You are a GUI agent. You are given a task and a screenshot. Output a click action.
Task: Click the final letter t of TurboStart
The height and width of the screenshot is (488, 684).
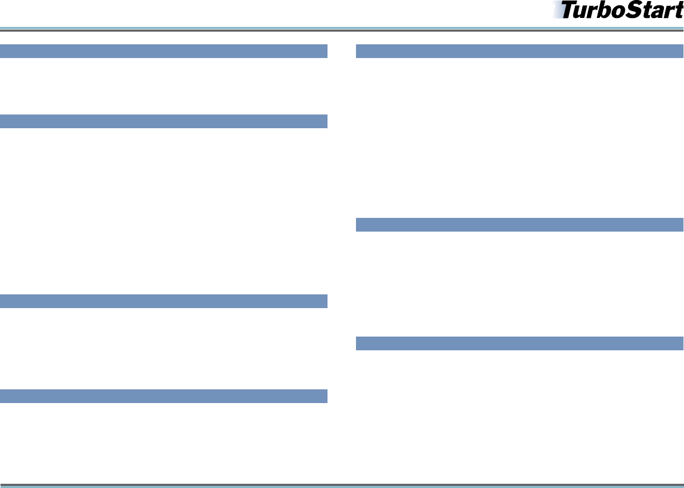(678, 11)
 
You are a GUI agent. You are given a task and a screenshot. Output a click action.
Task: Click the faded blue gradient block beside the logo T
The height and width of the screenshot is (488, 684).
(557, 9)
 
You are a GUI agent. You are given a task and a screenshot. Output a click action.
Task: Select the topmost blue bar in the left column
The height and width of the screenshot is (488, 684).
(163, 51)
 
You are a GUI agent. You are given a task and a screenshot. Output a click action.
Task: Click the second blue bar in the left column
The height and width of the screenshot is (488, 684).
(163, 121)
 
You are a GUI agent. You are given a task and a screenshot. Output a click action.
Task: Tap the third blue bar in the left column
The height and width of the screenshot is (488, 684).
(163, 301)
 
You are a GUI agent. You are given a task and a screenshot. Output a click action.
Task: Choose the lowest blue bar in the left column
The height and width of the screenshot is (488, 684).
(163, 396)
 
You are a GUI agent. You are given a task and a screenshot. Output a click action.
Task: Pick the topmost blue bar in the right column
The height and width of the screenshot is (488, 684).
(519, 51)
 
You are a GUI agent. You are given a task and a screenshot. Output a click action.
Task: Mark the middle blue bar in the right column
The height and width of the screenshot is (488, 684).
(519, 225)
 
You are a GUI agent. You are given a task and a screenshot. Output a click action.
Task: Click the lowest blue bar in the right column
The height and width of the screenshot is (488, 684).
(519, 343)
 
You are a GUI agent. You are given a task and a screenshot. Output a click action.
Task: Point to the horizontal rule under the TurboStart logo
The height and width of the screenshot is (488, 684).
(342, 29)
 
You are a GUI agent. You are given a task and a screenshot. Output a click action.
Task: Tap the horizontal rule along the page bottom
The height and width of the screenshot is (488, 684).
(342, 485)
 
